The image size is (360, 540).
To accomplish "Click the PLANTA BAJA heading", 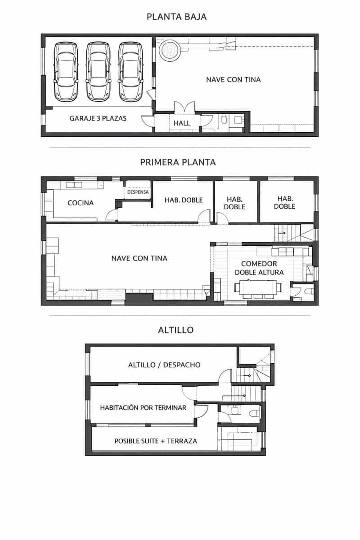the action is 176,17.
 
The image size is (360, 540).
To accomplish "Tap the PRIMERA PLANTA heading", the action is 178,162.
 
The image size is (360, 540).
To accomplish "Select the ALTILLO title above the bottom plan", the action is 176,330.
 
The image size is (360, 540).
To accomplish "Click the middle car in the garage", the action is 99,72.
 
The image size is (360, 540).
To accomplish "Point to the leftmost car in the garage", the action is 66,72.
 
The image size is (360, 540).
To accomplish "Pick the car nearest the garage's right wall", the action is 130,72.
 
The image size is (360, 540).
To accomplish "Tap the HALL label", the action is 182,123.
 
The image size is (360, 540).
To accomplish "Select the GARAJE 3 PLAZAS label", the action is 98,118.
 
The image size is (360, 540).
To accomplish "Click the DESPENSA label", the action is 138,192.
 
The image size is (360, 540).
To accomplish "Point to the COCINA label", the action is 81,203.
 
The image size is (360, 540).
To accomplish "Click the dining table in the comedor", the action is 258,288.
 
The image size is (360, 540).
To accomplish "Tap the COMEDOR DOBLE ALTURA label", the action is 259,268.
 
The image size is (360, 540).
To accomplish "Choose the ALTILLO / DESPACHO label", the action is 164,365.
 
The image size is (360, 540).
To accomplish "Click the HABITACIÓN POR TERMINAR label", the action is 143,408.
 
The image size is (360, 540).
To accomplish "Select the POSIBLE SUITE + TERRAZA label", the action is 156,441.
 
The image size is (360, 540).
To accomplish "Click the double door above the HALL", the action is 184,107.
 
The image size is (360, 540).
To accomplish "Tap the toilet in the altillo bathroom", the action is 254,414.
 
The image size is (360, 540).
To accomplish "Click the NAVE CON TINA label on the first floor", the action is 139,258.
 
